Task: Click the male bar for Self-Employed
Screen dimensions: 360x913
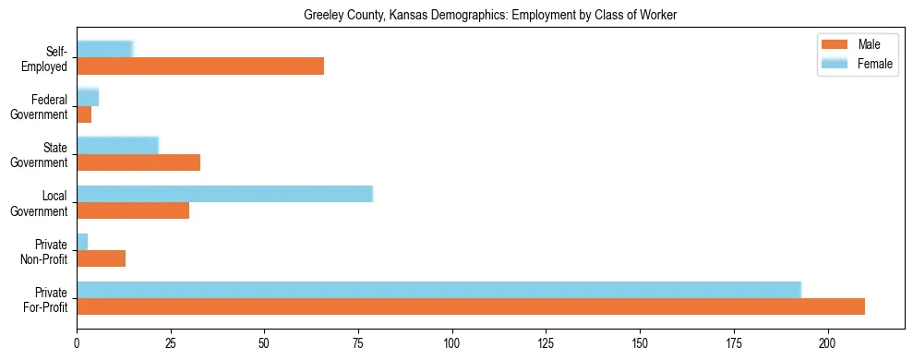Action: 200,66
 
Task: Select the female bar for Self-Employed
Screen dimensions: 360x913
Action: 104,49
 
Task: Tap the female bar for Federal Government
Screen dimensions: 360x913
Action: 88,97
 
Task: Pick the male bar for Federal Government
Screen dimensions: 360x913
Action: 84,114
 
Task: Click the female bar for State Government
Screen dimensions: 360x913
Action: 117,145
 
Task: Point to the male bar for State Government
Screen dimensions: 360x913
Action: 138,162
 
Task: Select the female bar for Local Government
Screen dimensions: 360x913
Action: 224,193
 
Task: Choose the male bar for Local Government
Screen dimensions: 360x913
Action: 133,210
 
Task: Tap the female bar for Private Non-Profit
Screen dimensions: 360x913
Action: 82,241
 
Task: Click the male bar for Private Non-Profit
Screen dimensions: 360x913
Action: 101,258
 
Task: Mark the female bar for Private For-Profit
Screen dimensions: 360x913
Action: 438,289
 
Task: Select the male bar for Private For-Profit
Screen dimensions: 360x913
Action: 471,306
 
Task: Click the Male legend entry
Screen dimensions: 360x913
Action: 855,45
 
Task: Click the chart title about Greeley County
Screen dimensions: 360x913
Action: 490,16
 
